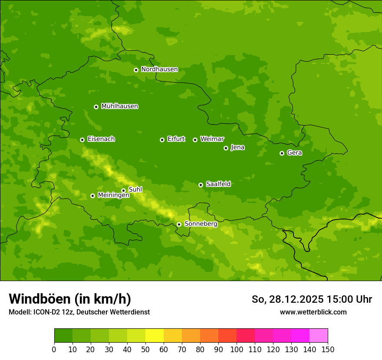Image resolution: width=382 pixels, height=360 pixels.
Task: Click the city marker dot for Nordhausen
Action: coord(136,70)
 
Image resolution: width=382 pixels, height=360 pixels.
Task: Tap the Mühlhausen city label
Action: coord(119,106)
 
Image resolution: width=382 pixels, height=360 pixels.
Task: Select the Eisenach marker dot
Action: coord(82,140)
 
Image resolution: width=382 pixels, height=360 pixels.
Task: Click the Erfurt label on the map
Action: coord(176,139)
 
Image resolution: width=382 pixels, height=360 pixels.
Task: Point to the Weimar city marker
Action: coord(195,140)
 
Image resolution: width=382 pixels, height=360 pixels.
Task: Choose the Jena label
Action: coord(237,147)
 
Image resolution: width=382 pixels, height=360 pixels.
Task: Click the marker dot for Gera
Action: coord(282,153)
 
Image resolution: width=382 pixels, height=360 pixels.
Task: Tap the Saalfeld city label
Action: coord(218,184)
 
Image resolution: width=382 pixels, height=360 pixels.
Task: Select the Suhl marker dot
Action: coord(123,190)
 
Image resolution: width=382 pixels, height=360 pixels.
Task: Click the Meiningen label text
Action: coord(113,196)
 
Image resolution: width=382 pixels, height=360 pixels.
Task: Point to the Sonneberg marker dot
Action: coord(179,224)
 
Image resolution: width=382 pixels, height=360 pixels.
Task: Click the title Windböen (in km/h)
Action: coord(70,299)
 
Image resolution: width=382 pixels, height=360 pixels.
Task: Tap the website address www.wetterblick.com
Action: coord(313,312)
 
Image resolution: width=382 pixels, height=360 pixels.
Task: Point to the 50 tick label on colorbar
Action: coord(145,350)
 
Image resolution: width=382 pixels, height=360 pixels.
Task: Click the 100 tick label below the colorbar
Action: coord(237,350)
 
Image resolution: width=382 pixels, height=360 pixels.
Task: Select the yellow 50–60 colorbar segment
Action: coord(155,336)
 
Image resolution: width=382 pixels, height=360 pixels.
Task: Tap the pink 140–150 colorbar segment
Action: coord(319,336)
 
